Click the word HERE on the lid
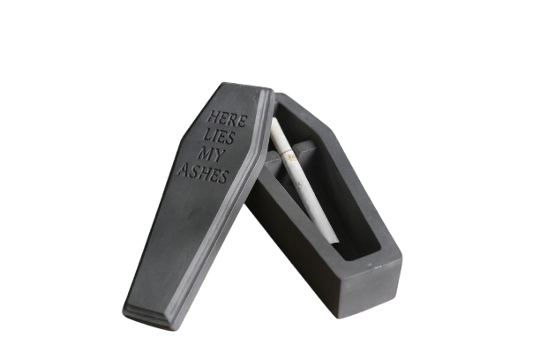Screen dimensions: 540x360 (x=228, y=119)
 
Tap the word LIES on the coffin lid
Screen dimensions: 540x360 (x=219, y=136)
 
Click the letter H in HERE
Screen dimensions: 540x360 (x=214, y=116)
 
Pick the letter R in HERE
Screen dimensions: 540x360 (x=233, y=120)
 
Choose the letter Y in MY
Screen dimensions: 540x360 (x=219, y=155)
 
